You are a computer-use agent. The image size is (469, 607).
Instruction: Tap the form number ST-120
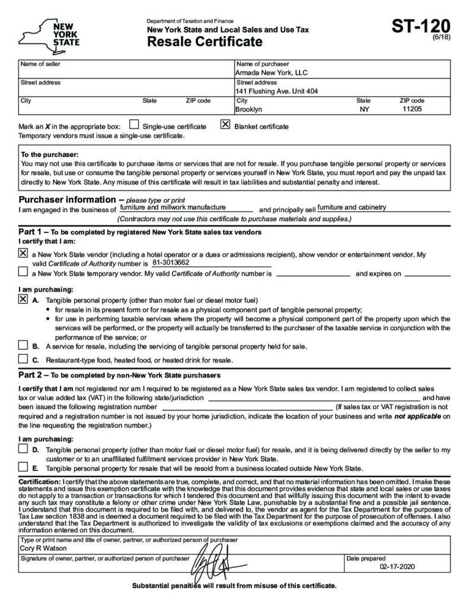point(420,27)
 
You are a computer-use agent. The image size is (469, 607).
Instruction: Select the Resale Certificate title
point(205,41)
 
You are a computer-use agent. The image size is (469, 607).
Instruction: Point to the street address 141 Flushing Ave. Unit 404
point(276,91)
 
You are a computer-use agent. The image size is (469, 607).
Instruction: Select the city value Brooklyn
point(248,110)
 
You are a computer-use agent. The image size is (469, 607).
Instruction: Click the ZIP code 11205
point(412,110)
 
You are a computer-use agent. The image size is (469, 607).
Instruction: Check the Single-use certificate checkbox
point(134,125)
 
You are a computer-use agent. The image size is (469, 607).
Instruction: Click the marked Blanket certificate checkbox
point(225,125)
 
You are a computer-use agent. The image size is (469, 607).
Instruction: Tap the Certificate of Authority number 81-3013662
point(171,262)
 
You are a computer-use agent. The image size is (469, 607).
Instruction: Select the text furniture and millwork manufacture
point(173,207)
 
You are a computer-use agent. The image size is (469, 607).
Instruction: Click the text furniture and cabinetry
point(352,207)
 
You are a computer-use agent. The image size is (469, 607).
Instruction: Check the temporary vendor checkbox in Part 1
point(23,273)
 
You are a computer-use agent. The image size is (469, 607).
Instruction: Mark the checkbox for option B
point(23,346)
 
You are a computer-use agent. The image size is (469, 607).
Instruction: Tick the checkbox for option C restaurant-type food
point(23,359)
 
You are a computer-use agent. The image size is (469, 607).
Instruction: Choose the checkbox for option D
point(23,450)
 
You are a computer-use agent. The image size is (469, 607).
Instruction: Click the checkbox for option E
point(23,467)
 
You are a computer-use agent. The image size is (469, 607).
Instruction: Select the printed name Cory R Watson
point(43,548)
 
